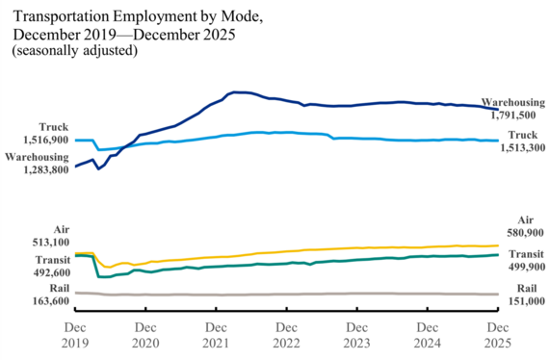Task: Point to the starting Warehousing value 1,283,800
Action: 38,170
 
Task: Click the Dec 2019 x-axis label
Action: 75,334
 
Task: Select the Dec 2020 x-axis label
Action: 145,334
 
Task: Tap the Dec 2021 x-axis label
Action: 216,334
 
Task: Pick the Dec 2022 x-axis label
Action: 286,334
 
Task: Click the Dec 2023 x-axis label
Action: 356,334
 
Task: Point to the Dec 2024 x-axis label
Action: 427,334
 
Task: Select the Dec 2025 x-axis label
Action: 497,334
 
